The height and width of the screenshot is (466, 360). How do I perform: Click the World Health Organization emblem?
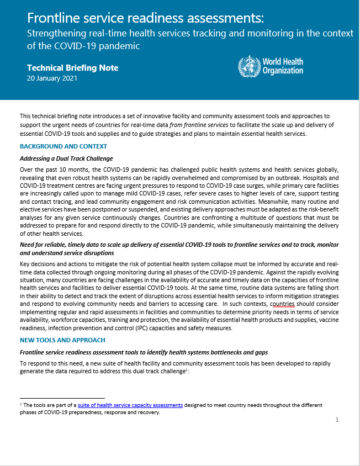tap(248, 66)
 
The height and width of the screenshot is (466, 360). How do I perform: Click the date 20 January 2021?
tap(52, 78)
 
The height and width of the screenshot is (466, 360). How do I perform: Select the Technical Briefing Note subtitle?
tap(72, 68)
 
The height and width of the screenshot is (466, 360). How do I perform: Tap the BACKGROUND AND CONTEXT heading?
tap(63, 146)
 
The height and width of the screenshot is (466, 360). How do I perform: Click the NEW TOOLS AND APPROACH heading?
tap(62, 340)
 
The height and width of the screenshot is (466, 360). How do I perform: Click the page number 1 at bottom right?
tap(337, 420)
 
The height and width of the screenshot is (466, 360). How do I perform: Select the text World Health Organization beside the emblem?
tap(283, 66)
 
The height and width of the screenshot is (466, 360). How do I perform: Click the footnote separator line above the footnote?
tap(62, 398)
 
